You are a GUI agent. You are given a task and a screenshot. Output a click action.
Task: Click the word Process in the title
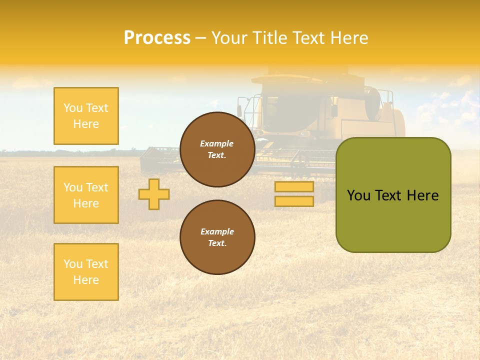click(x=157, y=38)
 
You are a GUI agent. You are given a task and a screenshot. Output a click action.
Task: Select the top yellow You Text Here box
click(x=86, y=116)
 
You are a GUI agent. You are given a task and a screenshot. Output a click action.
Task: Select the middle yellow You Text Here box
click(x=86, y=195)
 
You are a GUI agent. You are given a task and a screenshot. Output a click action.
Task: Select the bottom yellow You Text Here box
click(x=86, y=272)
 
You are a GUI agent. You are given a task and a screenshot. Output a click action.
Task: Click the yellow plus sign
click(x=154, y=194)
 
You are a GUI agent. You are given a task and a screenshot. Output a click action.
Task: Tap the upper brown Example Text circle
click(x=217, y=149)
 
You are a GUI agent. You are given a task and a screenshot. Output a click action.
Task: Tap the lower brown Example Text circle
click(x=217, y=237)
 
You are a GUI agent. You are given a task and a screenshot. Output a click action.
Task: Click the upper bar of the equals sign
click(x=294, y=186)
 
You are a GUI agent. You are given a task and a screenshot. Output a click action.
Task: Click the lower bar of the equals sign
click(x=294, y=201)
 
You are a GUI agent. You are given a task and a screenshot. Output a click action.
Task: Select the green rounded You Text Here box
click(x=393, y=195)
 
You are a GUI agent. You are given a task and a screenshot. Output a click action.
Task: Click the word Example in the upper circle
click(x=217, y=143)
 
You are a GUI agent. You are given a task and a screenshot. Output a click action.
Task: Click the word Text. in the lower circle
click(x=217, y=243)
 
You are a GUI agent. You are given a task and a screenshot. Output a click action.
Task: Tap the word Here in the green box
click(x=422, y=195)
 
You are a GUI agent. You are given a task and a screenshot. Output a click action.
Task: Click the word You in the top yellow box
click(x=73, y=108)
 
